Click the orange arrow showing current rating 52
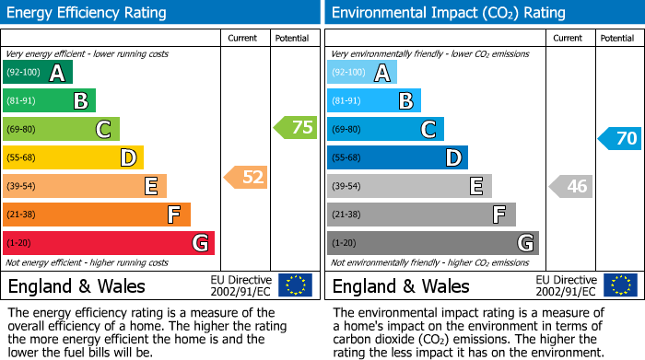point(246,177)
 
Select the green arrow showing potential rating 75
point(295,128)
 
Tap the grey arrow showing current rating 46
point(570,187)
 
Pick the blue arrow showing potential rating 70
point(619,139)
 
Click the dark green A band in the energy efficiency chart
point(37,73)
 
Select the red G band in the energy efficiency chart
point(108,243)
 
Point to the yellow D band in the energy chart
point(73,157)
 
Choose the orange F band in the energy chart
point(96,215)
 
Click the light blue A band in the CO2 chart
point(361,73)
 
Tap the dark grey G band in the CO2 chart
point(432,243)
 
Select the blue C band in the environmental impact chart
point(385,129)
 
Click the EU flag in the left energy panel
point(295,285)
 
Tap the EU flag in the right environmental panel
point(620,285)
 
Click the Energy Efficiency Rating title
point(88,13)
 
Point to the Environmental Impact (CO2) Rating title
point(448,13)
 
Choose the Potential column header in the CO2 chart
point(616,38)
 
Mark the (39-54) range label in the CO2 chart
point(347,187)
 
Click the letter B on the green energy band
point(81,101)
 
